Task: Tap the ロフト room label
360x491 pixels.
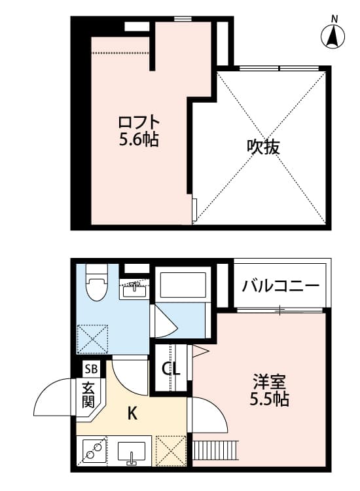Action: (139, 122)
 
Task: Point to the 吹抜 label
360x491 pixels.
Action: (263, 147)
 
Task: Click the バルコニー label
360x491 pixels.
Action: (280, 286)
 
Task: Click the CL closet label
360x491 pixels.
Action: (171, 369)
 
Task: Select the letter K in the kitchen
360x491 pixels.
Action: (132, 413)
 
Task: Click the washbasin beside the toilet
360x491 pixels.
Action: (134, 288)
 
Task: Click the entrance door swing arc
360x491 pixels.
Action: (52, 399)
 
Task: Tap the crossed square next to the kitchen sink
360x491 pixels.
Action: (171, 452)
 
